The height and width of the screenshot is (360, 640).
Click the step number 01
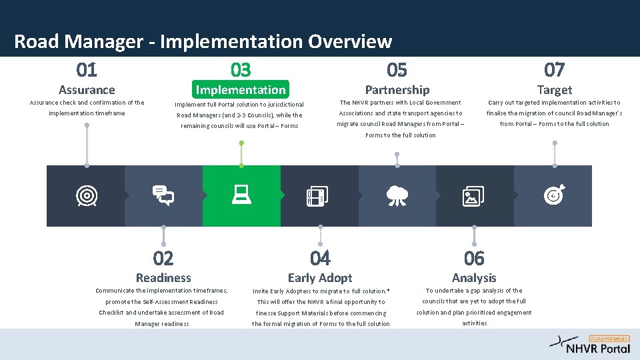(87, 69)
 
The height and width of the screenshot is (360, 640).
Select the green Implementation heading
(241, 89)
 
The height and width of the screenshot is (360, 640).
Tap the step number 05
(397, 69)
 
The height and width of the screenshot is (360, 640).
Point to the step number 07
(554, 69)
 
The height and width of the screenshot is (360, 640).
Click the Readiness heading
(163, 278)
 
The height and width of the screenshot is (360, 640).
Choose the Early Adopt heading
(320, 278)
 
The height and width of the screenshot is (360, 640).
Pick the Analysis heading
(474, 278)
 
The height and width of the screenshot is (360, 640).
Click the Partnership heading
(397, 89)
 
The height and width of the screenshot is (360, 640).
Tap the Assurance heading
(87, 89)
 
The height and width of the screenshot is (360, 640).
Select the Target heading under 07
(554, 89)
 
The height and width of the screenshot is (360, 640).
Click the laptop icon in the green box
(241, 195)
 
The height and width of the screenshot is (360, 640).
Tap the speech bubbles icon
(163, 195)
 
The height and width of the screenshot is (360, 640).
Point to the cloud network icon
(397, 195)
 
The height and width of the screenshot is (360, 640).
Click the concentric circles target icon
(86, 195)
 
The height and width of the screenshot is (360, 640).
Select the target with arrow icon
(553, 195)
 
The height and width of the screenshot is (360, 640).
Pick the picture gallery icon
(473, 195)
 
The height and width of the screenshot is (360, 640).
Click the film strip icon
(316, 195)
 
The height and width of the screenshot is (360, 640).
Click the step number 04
(320, 257)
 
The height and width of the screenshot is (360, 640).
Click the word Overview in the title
(350, 41)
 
